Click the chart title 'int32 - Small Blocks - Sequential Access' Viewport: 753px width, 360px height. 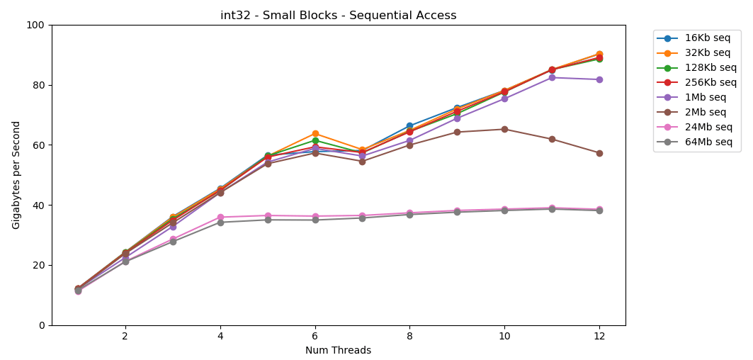pos(338,16)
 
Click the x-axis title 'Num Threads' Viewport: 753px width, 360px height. pos(338,351)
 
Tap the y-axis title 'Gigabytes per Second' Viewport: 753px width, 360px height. pos(16,175)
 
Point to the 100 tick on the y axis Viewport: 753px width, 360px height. pos(35,25)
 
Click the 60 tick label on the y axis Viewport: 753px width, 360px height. pos(38,145)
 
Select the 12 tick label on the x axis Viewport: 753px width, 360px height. pos(599,335)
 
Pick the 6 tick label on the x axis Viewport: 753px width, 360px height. pos(315,335)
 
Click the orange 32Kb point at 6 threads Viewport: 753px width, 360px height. pos(315,134)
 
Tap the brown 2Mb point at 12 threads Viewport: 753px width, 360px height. pos(599,153)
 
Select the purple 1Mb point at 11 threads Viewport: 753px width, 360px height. pos(552,77)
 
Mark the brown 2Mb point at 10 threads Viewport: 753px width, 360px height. pos(504,129)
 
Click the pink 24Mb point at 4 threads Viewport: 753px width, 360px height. pos(220,217)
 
